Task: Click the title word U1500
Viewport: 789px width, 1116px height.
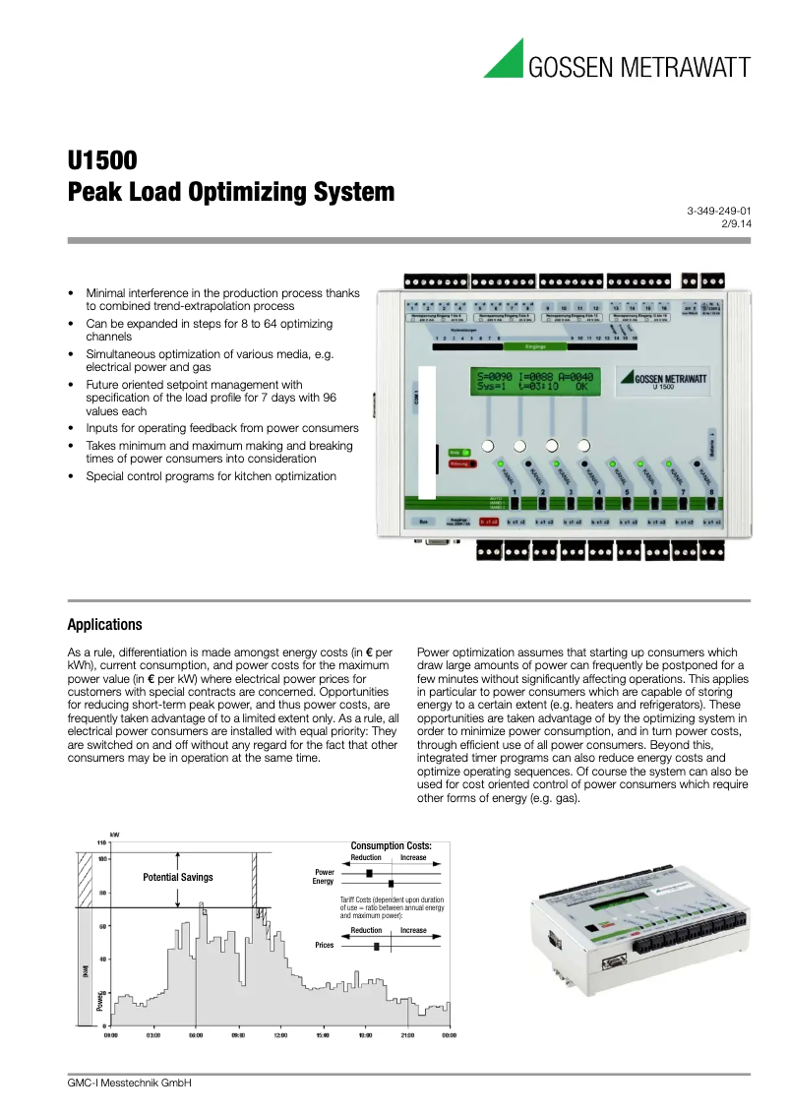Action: (102, 160)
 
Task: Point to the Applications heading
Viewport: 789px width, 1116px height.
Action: (104, 625)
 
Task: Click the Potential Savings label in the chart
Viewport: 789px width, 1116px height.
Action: (178, 877)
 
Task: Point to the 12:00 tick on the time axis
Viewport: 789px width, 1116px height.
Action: (280, 1035)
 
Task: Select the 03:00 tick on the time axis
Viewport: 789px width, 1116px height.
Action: (153, 1035)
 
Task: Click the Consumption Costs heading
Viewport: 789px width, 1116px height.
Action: (391, 845)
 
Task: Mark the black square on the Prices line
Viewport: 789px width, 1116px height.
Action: (377, 946)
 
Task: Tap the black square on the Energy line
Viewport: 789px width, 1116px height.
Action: (391, 883)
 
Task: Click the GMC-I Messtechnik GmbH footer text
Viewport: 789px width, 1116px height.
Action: (129, 1083)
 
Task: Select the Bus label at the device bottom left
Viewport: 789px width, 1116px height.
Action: (423, 522)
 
